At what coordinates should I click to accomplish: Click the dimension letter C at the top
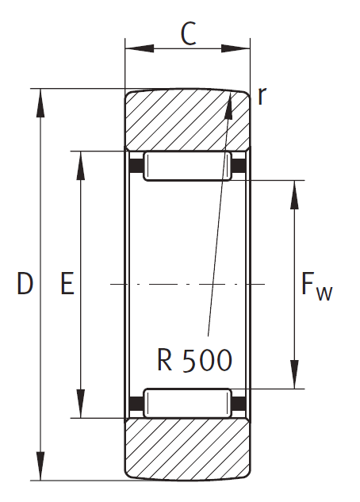coord(188,33)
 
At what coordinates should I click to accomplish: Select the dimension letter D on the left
coord(25,283)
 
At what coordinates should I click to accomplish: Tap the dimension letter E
coord(67,283)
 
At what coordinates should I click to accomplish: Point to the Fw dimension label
coord(317,287)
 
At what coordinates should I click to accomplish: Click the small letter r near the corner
coord(262,96)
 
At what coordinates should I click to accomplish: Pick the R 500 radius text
coord(194,360)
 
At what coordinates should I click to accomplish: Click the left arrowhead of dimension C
coord(140,48)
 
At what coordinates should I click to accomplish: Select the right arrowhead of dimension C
coord(236,48)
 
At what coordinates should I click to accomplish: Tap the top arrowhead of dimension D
coord(40,103)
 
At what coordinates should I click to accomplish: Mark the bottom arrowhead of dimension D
coord(40,466)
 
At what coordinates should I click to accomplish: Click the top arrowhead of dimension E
coord(82,166)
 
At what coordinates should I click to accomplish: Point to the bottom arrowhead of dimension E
coord(82,404)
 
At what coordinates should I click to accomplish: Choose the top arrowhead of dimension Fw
coord(294,195)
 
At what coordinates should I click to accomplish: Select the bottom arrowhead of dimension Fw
coord(294,374)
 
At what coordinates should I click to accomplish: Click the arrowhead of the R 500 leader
coord(229,105)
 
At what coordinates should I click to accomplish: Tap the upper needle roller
coord(187,167)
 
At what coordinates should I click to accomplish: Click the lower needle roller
coord(187,403)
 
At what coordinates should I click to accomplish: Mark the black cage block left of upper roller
coord(136,166)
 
